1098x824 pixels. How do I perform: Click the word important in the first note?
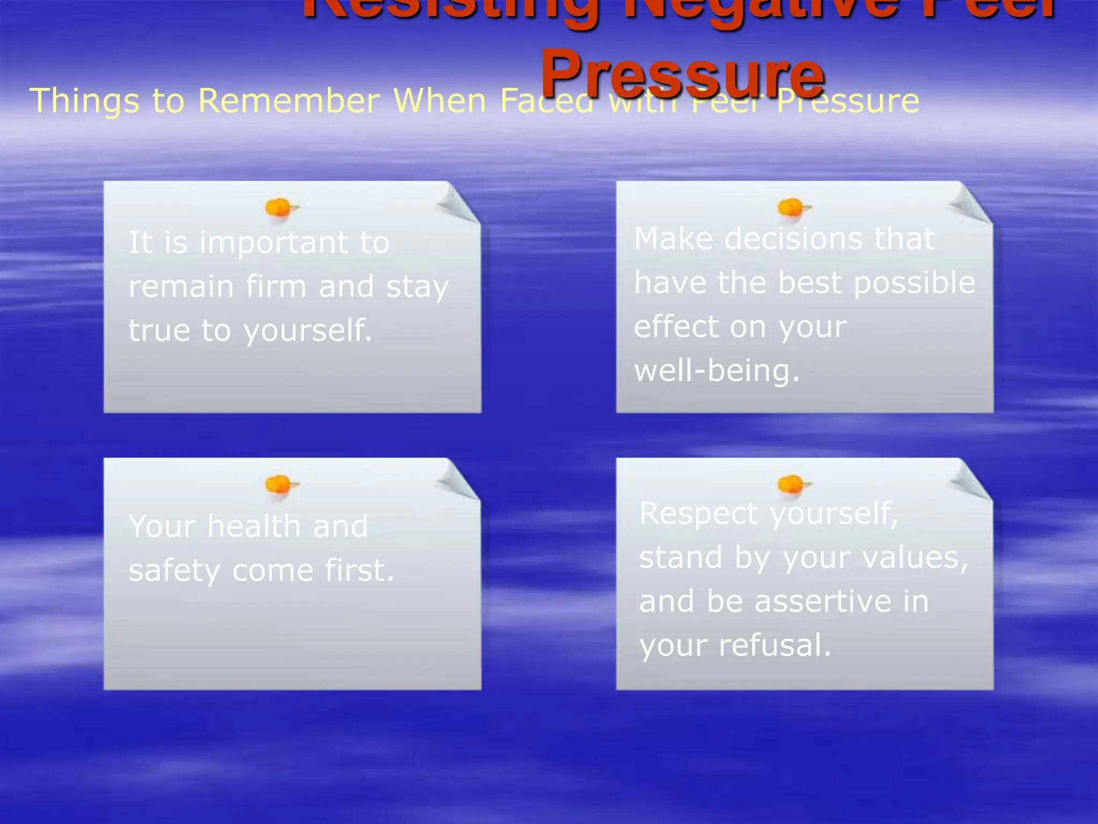274,243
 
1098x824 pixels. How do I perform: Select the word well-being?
716,371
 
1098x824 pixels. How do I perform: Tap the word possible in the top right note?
914,283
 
